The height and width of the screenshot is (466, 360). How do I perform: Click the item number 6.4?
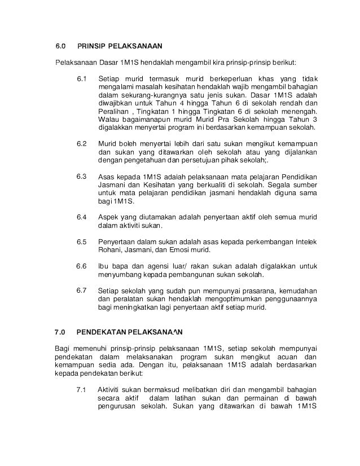pos(82,217)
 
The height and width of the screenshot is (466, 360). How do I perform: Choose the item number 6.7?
pos(82,290)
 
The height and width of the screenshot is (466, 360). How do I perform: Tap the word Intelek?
pos(305,242)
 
